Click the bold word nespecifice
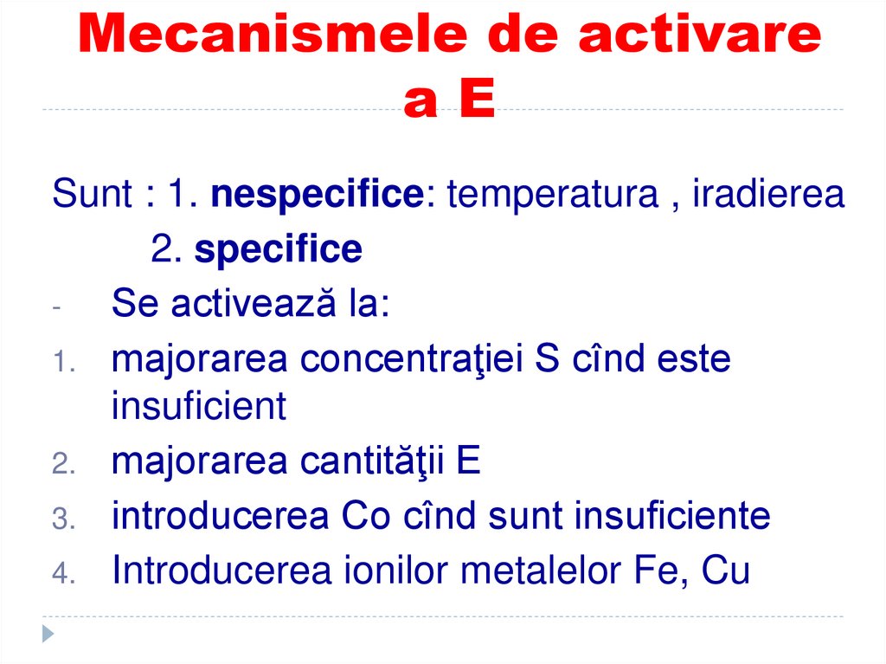click(x=316, y=195)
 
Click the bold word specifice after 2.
click(x=278, y=250)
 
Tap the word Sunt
click(x=91, y=195)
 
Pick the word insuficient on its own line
click(x=198, y=405)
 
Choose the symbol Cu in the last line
click(x=725, y=571)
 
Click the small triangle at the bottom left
click(x=48, y=634)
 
